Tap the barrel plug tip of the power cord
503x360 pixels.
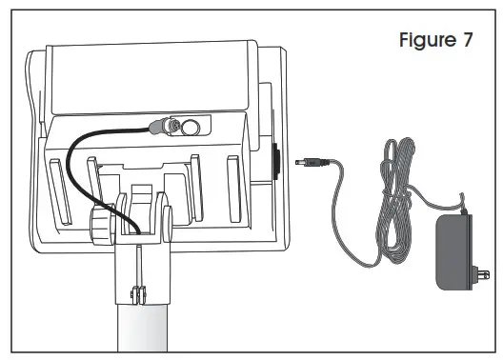[302, 162]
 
